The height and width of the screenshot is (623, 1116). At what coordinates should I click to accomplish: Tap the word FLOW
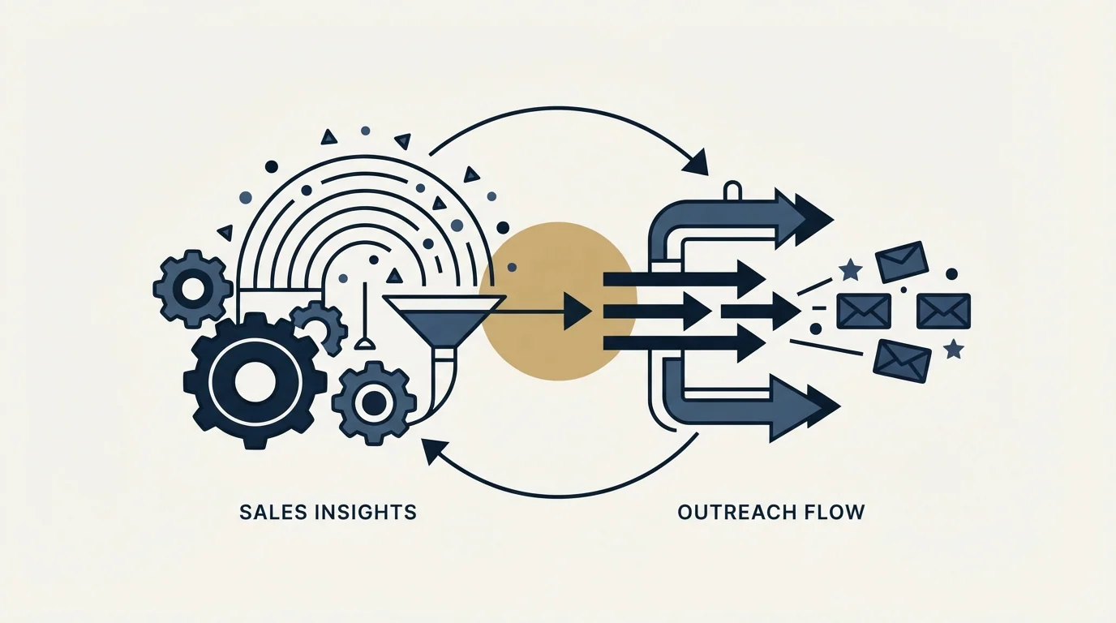(833, 513)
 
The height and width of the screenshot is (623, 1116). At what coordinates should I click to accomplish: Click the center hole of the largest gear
(255, 382)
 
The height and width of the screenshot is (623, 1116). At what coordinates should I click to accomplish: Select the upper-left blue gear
(193, 288)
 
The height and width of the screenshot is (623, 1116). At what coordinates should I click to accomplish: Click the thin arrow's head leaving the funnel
(577, 312)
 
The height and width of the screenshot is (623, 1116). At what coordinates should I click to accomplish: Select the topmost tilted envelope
(901, 262)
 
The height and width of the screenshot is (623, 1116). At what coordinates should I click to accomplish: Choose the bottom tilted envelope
(902, 361)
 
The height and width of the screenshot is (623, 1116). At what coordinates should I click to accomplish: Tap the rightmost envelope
(943, 311)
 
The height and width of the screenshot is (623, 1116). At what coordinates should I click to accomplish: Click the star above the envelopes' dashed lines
(850, 269)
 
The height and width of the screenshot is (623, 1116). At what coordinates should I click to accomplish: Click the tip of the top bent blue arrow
(833, 218)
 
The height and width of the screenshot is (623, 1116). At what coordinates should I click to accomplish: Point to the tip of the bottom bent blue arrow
(840, 406)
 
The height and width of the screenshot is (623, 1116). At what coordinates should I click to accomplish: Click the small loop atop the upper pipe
(732, 191)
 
